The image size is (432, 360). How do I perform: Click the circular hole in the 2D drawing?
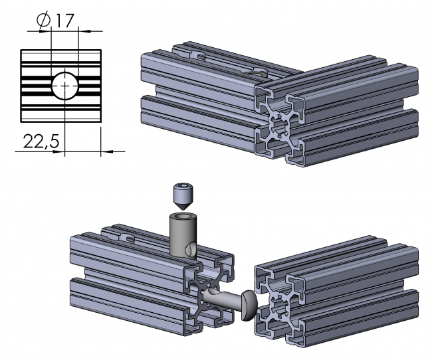[64, 85]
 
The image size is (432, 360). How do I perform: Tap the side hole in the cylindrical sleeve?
[191, 249]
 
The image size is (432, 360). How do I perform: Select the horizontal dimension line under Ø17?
[64, 30]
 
